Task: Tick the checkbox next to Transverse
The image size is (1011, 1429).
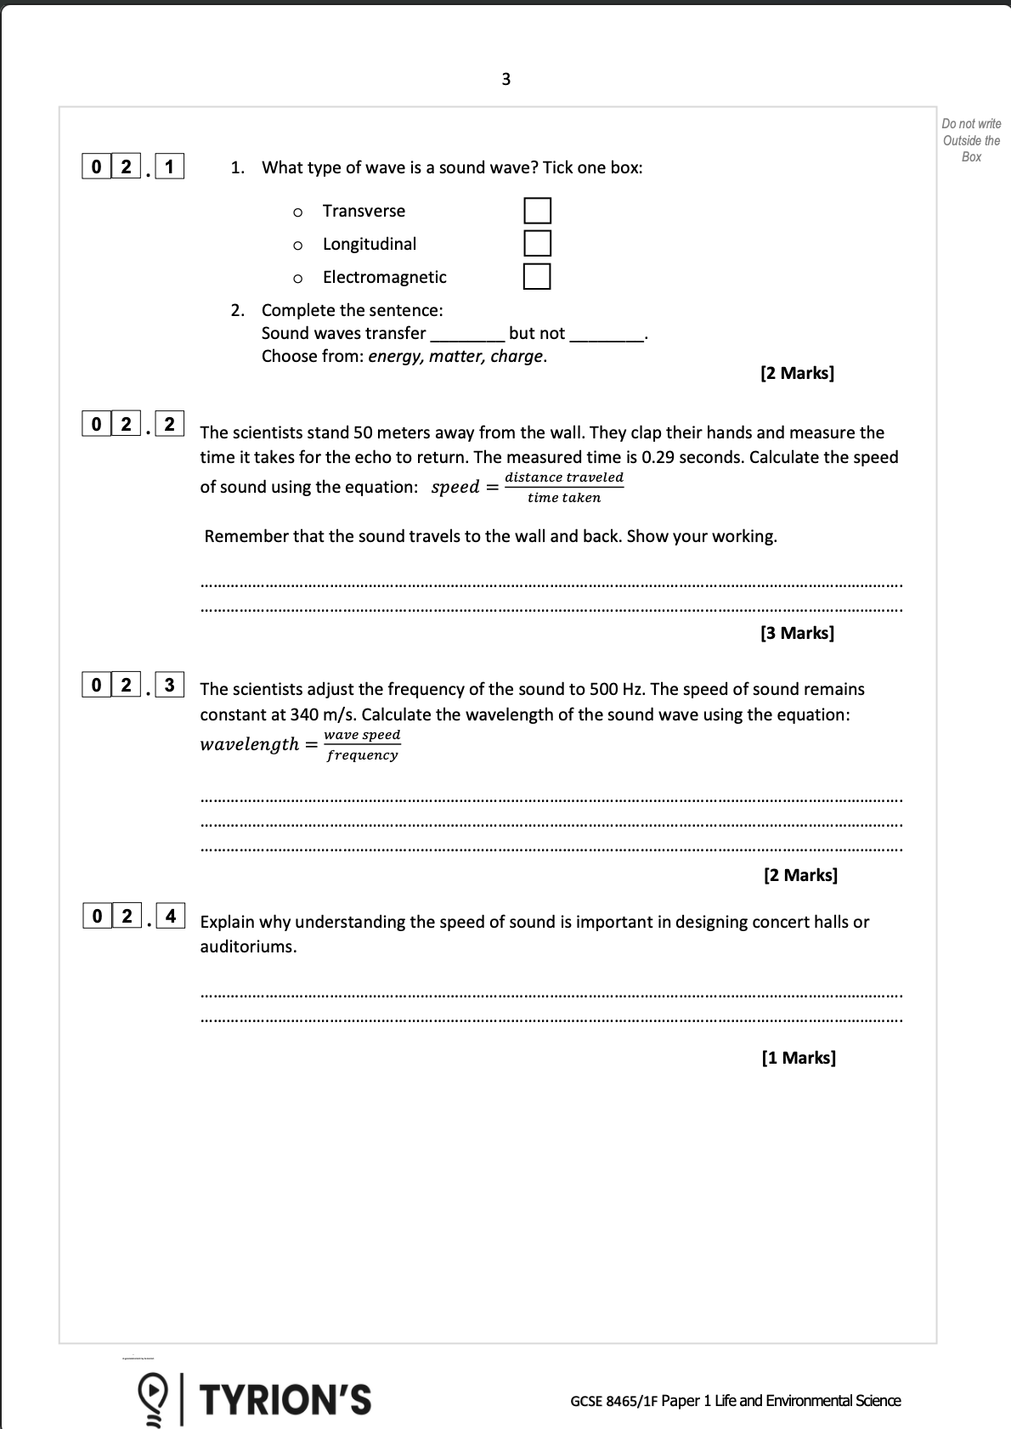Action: click(537, 211)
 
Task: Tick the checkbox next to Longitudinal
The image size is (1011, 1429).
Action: click(537, 243)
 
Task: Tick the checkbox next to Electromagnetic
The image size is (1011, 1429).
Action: click(537, 276)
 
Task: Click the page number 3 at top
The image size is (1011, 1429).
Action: click(506, 79)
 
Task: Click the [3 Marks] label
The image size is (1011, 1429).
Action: click(797, 633)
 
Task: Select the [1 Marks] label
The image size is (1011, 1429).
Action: click(799, 1058)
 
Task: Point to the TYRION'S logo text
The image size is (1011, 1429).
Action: click(285, 1400)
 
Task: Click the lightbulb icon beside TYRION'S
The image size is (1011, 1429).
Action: click(153, 1398)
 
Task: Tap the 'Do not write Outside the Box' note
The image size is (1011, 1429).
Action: click(971, 140)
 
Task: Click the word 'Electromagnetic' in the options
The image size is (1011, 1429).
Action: click(384, 277)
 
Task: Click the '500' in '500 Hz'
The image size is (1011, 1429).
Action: click(604, 689)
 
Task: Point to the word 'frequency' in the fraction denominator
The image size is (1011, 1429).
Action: click(363, 755)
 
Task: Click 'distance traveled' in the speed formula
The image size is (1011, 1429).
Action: click(564, 477)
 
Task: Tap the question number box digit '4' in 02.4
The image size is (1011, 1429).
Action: click(171, 916)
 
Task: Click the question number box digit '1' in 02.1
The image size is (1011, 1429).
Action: click(170, 167)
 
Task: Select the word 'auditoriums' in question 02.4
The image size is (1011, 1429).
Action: click(246, 946)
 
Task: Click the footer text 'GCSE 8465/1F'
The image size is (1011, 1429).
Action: click(614, 1401)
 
